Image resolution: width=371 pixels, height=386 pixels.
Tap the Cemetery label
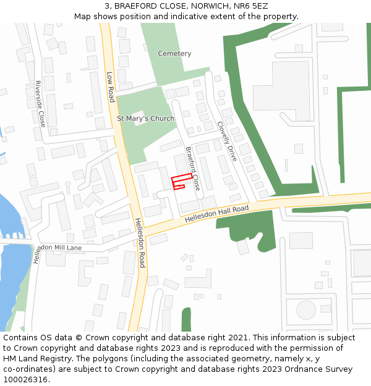tap(174, 54)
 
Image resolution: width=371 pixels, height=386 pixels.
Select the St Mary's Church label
tap(146, 119)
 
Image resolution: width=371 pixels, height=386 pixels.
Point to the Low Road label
tap(111, 87)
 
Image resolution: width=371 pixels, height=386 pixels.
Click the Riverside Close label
tap(40, 104)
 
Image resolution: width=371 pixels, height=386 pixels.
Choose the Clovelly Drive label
tap(227, 141)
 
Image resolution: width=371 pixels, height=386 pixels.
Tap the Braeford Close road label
tap(192, 168)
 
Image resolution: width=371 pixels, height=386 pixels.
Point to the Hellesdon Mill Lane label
tap(58, 248)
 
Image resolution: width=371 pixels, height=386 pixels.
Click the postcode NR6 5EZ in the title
tap(251, 6)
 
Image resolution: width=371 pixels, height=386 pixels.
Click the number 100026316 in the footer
tap(25, 379)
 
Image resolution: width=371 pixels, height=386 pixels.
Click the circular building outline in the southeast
tap(305, 309)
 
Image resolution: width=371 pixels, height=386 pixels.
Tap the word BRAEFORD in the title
tap(134, 6)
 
